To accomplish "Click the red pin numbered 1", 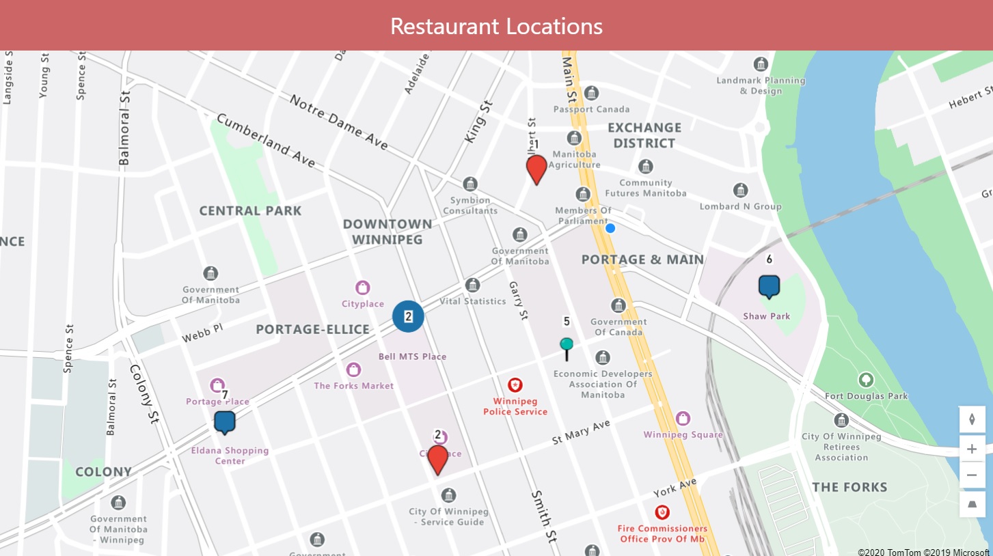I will click(536, 168).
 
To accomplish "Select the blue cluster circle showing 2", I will click(408, 316).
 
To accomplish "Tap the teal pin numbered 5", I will click(567, 344).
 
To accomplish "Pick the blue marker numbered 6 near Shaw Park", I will click(769, 286).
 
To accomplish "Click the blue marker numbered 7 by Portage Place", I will click(224, 421).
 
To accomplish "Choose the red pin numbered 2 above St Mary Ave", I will click(437, 459).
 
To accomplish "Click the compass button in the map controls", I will click(972, 419).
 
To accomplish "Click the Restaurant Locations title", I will click(496, 26).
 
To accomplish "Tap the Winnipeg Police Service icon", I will click(516, 385).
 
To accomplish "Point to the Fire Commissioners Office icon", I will click(662, 512).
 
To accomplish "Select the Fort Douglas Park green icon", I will click(866, 379).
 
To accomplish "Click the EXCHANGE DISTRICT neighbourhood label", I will click(644, 135).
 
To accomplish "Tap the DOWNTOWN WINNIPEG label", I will click(387, 232).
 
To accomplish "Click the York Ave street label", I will click(675, 488).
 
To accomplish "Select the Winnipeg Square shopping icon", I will click(682, 418).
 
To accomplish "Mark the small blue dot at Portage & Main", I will click(610, 228).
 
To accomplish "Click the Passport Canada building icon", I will click(592, 93).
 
